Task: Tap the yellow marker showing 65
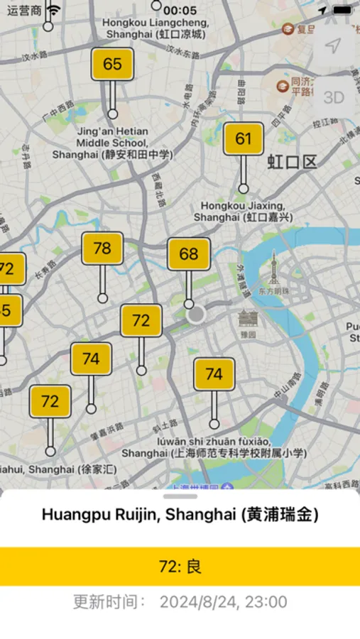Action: (112, 64)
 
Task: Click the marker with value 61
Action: (244, 138)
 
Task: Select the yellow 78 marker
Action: (102, 248)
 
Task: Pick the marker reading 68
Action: (189, 254)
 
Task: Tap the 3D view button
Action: (333, 97)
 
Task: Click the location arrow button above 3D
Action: (333, 46)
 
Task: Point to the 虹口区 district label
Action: (291, 162)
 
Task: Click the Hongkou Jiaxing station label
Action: (243, 212)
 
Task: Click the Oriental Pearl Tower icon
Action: (273, 271)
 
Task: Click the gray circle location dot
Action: (196, 314)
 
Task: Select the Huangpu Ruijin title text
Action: (180, 515)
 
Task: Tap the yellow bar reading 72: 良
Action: (180, 567)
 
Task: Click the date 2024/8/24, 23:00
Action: (223, 603)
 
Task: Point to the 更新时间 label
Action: (109, 603)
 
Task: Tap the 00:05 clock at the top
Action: (180, 10)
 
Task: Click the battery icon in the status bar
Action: (343, 10)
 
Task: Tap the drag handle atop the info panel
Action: (180, 496)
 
